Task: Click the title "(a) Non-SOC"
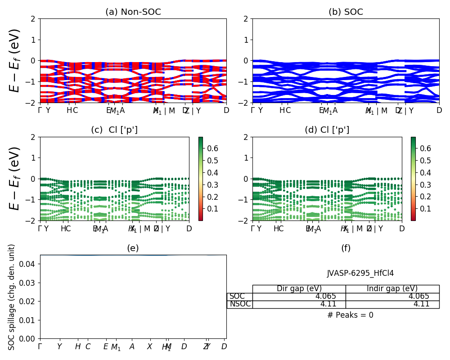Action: pos(133,12)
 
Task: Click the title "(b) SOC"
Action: pos(346,12)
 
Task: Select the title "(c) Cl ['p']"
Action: pos(114,130)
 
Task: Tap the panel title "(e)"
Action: pos(133,248)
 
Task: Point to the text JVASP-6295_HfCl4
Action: pos(360,273)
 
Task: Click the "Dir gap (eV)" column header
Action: pos(299,288)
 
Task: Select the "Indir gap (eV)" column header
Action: pos(392,288)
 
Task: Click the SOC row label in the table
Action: pos(237,297)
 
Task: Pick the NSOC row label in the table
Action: pos(240,304)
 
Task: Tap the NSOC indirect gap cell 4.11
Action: pos(421,304)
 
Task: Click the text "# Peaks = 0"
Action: pos(350,315)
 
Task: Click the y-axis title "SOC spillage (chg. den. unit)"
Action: pos(12,297)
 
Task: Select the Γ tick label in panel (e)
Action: pos(40,346)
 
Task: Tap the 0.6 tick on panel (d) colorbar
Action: pos(425,148)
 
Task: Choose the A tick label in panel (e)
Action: pos(132,346)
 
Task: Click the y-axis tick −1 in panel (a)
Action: pos(32,81)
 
